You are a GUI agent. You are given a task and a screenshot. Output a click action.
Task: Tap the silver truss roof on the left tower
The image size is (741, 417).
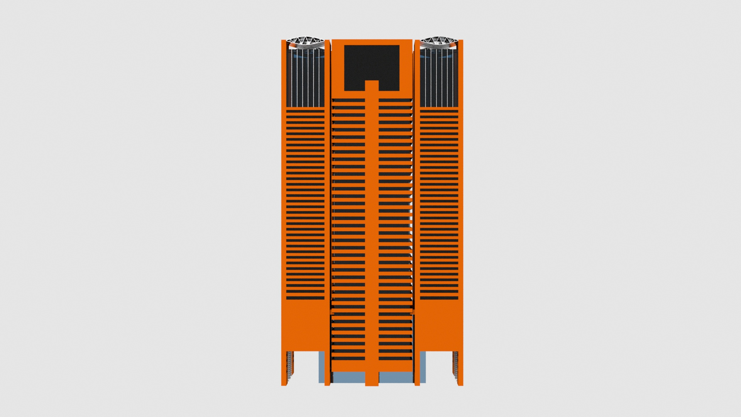click(x=306, y=43)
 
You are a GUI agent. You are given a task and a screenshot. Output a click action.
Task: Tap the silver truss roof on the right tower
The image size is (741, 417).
click(x=438, y=43)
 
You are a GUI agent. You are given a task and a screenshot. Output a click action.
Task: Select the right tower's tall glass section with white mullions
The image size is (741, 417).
click(x=439, y=79)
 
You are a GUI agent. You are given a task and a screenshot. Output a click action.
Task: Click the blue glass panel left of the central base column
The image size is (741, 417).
click(x=349, y=378)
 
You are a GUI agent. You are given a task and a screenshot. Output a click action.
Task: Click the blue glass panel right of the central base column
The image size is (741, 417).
click(x=396, y=378)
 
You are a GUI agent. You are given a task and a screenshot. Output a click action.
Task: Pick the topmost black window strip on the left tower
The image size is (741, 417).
click(x=305, y=111)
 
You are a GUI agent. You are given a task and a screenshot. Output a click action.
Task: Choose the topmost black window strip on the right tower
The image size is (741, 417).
click(x=439, y=111)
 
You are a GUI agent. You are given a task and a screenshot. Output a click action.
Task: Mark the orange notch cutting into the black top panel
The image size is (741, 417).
click(x=372, y=86)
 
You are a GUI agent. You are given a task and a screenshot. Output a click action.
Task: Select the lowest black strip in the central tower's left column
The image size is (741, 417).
click(x=349, y=358)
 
